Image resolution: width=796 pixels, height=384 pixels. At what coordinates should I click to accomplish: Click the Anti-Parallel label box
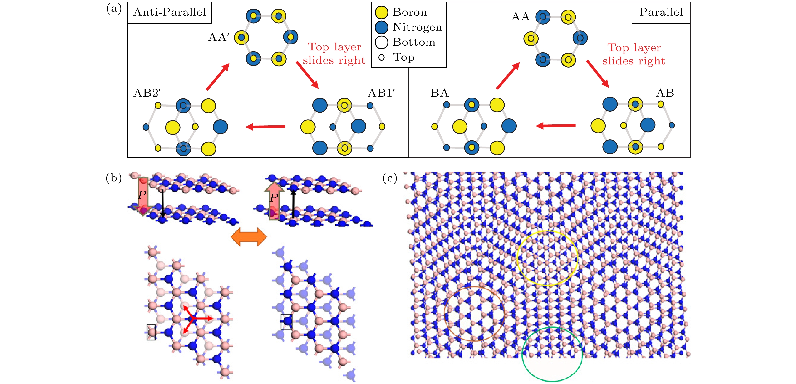(x=169, y=12)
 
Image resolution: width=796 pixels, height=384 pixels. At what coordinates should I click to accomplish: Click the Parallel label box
(x=661, y=12)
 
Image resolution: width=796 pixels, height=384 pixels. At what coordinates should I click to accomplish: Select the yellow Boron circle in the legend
(x=381, y=12)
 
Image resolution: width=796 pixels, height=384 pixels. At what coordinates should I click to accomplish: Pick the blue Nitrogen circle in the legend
(x=381, y=27)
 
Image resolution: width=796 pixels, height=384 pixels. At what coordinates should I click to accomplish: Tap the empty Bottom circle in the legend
(x=381, y=42)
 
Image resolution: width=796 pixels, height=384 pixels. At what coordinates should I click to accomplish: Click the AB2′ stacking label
(x=147, y=93)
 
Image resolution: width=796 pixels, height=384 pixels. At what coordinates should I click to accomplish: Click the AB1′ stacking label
(x=381, y=93)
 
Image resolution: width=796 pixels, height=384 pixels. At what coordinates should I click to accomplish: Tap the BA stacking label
(x=439, y=93)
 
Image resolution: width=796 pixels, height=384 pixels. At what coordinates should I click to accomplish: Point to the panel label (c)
(x=390, y=178)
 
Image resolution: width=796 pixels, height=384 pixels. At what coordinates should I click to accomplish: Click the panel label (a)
(x=114, y=9)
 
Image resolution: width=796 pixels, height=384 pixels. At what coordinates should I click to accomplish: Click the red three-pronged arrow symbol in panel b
(x=193, y=318)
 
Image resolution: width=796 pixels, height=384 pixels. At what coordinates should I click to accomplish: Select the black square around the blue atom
(x=286, y=322)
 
